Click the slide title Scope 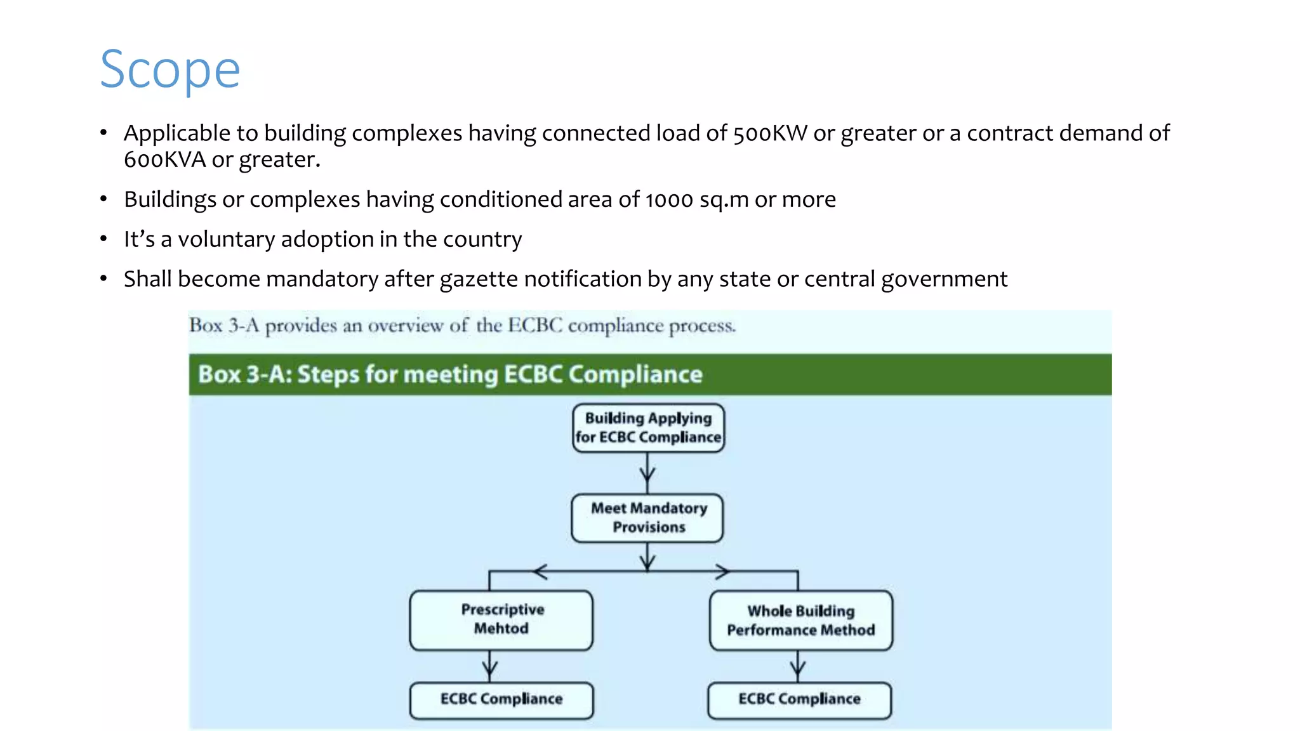tap(170, 70)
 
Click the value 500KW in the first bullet tap(769, 133)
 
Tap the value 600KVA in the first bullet tap(164, 160)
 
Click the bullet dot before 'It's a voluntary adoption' tap(103, 239)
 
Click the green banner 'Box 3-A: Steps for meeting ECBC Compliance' tap(649, 374)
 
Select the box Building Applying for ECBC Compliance tap(648, 428)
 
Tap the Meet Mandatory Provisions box tap(647, 518)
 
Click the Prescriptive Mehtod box tap(501, 619)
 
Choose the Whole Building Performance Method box tap(800, 621)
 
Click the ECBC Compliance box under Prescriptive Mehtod tap(501, 699)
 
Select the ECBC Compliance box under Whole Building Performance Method tap(799, 699)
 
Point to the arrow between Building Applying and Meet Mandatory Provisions tap(647, 473)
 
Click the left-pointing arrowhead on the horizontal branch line tap(540, 572)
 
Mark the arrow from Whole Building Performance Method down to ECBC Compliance tap(798, 666)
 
